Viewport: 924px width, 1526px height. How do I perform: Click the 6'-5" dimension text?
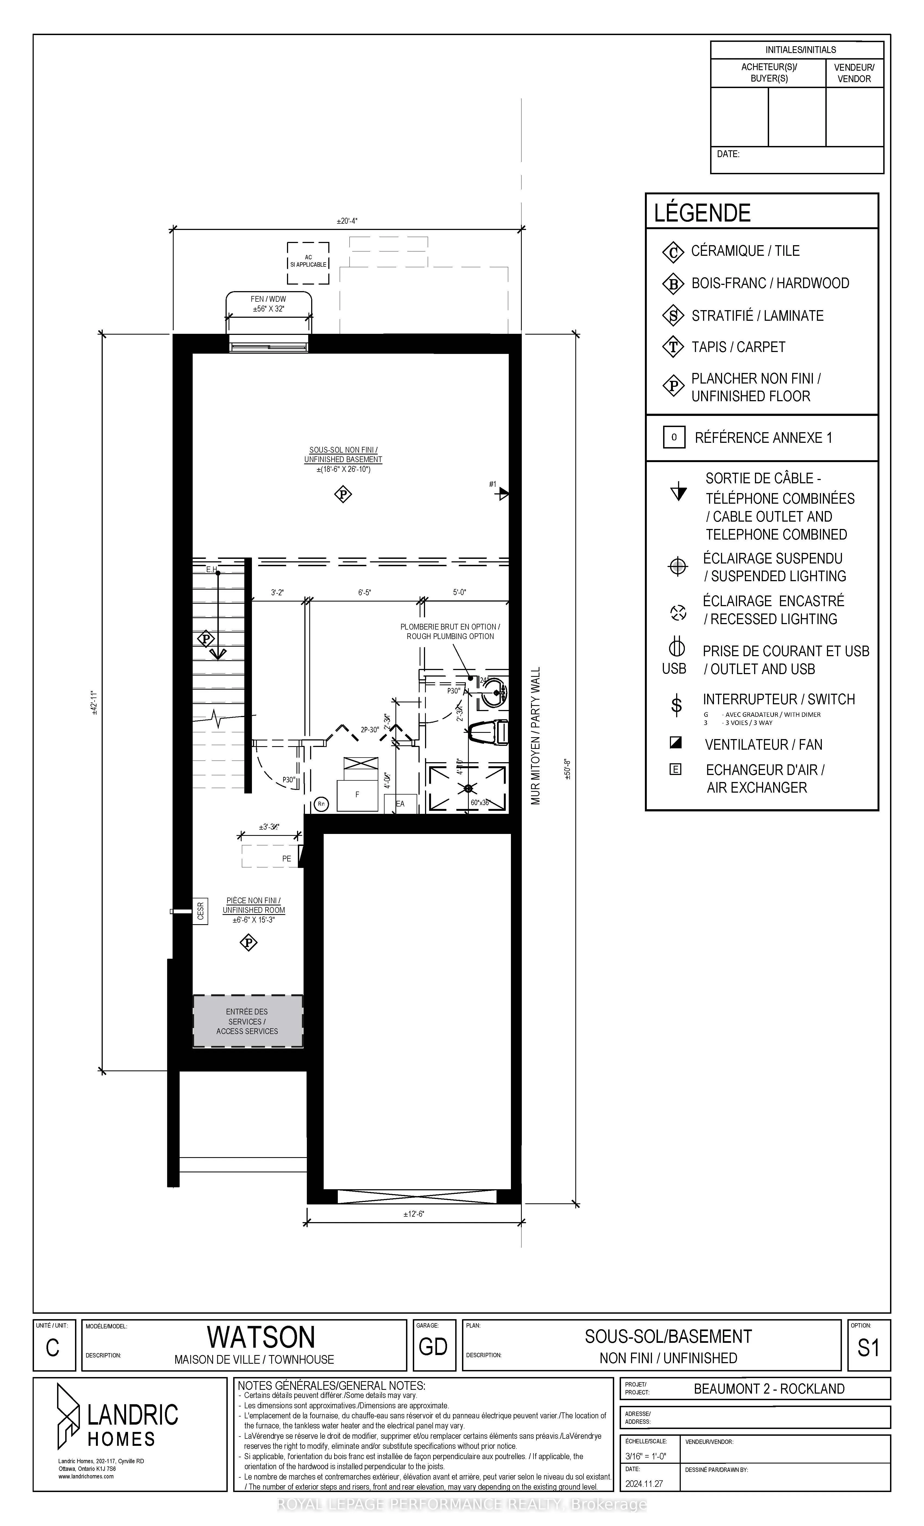pyautogui.click(x=364, y=593)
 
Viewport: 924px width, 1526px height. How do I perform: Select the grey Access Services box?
pyautogui.click(x=248, y=1021)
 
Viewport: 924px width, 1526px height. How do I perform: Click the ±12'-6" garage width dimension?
pyautogui.click(x=414, y=1214)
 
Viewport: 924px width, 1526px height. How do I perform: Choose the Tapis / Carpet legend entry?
pyautogui.click(x=738, y=347)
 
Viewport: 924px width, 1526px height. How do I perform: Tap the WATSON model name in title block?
pyautogui.click(x=261, y=1337)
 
